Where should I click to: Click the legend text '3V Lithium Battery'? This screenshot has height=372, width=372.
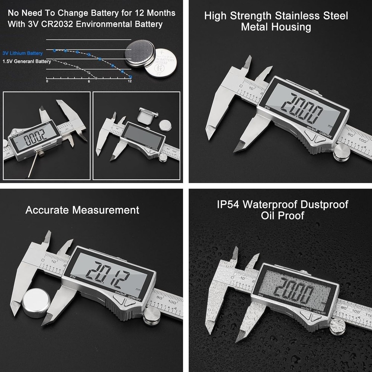coord(22,54)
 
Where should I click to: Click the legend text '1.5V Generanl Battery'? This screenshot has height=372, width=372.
coord(26,62)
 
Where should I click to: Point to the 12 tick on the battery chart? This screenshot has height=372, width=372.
coord(129,81)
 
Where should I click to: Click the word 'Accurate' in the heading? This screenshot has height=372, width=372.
coord(47,210)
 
